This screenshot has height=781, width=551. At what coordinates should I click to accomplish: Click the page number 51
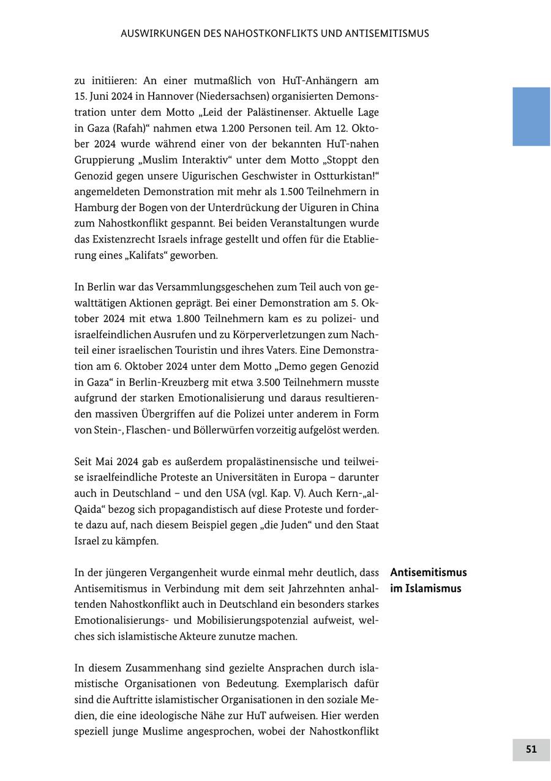(531, 749)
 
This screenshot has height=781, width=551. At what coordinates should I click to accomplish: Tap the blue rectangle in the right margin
(531, 116)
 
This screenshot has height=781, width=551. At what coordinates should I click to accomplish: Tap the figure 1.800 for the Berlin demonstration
(190, 319)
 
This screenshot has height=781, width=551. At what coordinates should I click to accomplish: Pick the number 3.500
(273, 383)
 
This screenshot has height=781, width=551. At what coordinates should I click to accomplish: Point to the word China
(365, 207)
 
